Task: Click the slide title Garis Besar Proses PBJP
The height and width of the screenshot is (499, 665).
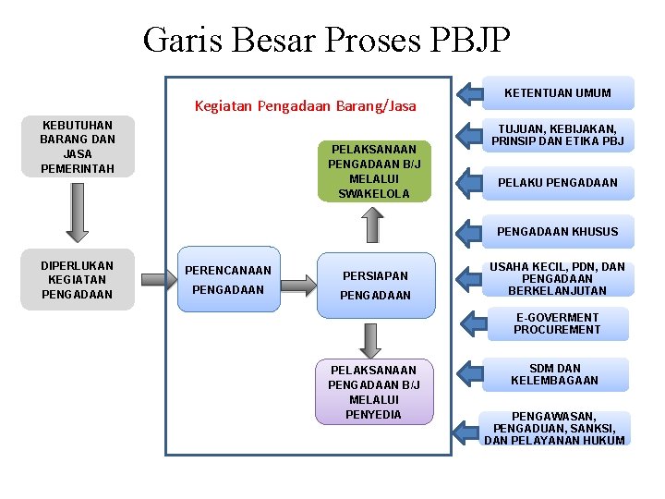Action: click(x=326, y=40)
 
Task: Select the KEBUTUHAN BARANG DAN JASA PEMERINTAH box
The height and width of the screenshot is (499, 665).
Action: click(x=78, y=147)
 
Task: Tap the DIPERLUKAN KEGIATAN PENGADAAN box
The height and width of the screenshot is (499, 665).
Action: click(x=78, y=279)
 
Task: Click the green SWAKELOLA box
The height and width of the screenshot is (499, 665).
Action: click(x=374, y=171)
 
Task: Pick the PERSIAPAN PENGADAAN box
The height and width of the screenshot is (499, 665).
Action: click(x=375, y=286)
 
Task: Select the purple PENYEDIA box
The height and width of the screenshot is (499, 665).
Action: click(x=374, y=392)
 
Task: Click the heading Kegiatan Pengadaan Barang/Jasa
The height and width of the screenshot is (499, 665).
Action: click(x=305, y=106)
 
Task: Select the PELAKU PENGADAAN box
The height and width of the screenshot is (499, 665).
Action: click(x=558, y=183)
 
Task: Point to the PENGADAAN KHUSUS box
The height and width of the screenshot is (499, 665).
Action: click(x=558, y=231)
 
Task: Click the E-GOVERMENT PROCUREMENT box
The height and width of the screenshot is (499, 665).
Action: click(x=557, y=323)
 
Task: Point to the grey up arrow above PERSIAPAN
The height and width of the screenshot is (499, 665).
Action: click(x=371, y=225)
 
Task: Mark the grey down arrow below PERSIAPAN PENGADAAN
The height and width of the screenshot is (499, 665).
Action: click(x=371, y=340)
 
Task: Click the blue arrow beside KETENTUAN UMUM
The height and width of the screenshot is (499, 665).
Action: click(x=474, y=92)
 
